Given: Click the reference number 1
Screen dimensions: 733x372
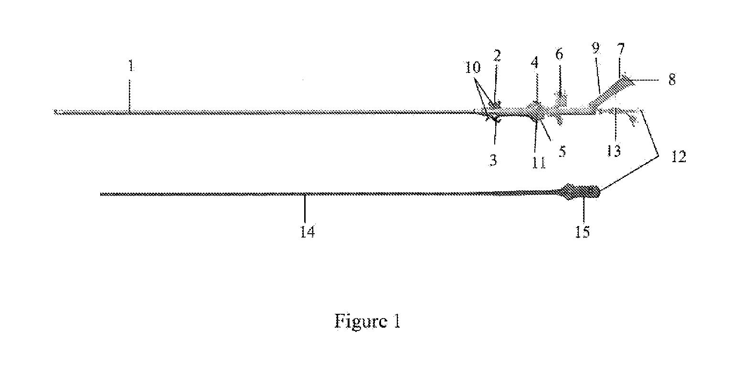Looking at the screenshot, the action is (x=131, y=66).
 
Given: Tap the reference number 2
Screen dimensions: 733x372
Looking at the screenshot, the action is (x=497, y=56).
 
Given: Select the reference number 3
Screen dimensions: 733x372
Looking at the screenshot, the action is (x=493, y=160).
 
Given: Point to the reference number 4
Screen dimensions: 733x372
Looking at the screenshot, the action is (x=535, y=62).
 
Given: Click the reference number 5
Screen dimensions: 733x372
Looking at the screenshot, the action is (x=562, y=151).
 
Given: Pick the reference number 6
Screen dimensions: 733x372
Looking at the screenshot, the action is (x=560, y=54).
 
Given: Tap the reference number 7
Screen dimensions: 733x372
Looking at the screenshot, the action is (x=621, y=49).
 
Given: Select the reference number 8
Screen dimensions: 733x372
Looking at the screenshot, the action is (x=672, y=80).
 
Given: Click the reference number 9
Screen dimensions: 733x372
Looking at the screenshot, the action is (x=596, y=48).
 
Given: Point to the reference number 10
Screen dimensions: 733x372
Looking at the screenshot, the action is (x=473, y=67).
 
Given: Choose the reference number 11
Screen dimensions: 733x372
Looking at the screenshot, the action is (x=539, y=163).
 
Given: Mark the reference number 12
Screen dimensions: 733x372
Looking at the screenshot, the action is (x=679, y=157).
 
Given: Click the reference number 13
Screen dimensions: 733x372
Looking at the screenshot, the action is (x=614, y=151).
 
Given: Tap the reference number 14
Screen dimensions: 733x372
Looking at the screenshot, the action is (x=308, y=232).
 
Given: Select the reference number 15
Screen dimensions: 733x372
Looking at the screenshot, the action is (x=583, y=232).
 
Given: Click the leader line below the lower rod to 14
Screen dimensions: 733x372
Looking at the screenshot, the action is (x=305, y=209).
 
